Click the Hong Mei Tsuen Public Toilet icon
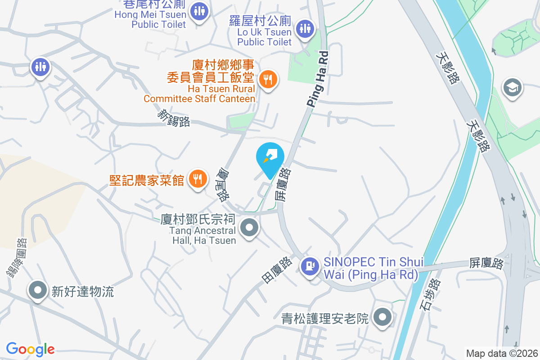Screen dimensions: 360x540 coord(198,11)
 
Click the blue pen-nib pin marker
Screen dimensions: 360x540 coord(270,158)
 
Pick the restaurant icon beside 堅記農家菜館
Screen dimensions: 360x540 coord(197,179)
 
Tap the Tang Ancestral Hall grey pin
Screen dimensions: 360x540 coord(249,228)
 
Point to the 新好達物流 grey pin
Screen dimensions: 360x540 coord(38,290)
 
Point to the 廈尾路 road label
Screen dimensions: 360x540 coord(223,184)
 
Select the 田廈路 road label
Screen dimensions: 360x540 coord(276,270)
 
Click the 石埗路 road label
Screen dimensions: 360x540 coord(432,295)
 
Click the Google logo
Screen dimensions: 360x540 coord(30,349)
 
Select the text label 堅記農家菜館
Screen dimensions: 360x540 coord(147,180)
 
